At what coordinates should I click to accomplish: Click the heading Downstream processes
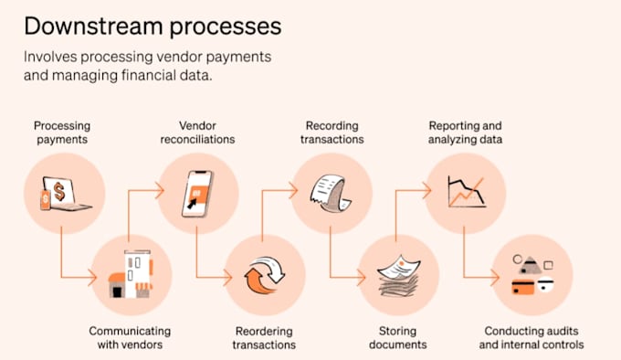tap(153, 26)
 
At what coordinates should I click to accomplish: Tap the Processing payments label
tap(62, 132)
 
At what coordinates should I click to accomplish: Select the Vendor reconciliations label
tap(197, 132)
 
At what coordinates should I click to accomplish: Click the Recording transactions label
tap(332, 132)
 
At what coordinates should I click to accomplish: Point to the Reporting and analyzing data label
tap(466, 132)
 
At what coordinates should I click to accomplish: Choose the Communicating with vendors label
tap(130, 337)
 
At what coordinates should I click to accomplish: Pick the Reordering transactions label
tap(264, 337)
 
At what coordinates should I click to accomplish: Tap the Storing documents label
tap(397, 337)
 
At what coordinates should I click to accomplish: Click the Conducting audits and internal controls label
tap(532, 337)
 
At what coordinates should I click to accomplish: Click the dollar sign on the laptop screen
tap(59, 192)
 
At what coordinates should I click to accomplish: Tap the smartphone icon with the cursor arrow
tap(197, 194)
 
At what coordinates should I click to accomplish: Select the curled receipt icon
tap(331, 193)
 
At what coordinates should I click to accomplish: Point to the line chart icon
tap(467, 192)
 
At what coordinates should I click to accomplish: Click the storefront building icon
tap(132, 274)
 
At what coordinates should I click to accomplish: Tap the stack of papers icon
tap(399, 276)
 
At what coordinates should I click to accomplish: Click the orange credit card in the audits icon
tap(522, 287)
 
